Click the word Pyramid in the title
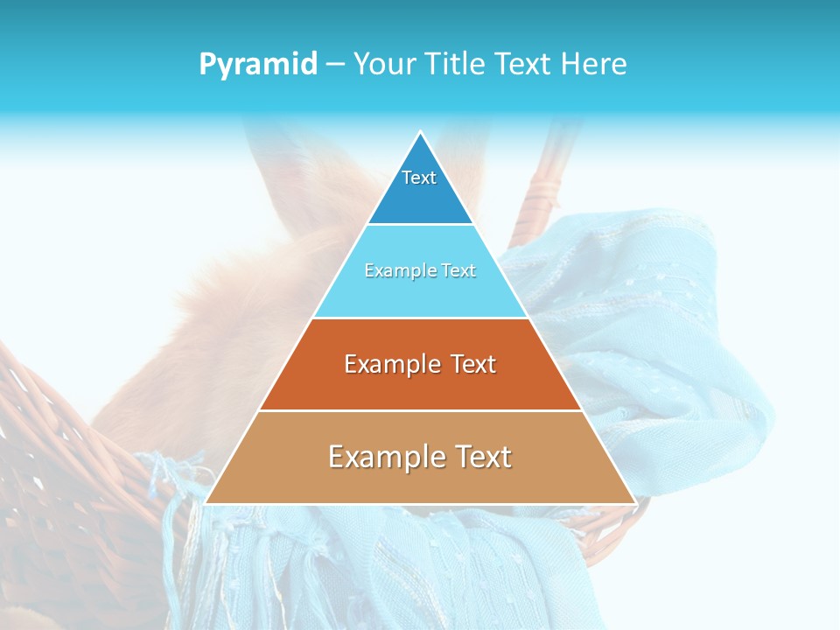pyautogui.click(x=257, y=65)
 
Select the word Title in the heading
pyautogui.click(x=460, y=65)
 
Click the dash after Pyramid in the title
pyautogui.click(x=335, y=65)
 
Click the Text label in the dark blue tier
pyautogui.click(x=419, y=178)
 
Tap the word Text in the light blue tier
pyautogui.click(x=458, y=271)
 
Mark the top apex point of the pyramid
pyautogui.click(x=420, y=132)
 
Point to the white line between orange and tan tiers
pyautogui.click(x=420, y=410)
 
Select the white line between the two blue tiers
pyautogui.click(x=420, y=224)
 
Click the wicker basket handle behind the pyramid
pyautogui.click(x=542, y=184)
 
